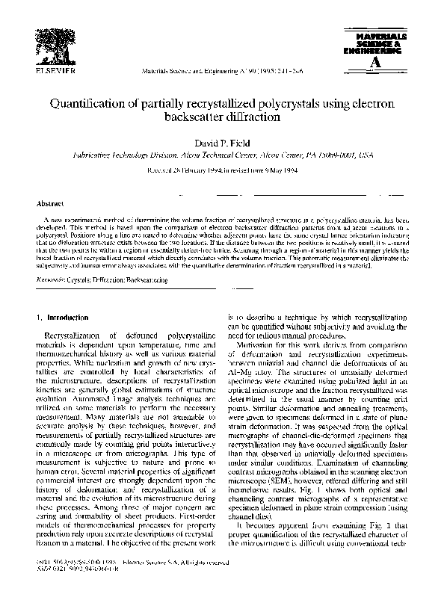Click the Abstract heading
click(49, 202)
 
